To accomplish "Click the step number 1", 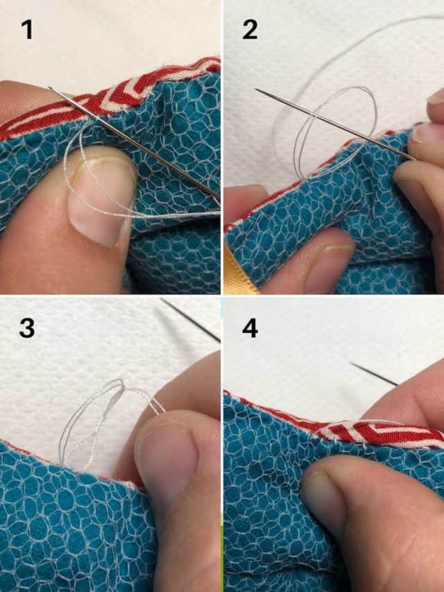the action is (x=27, y=29).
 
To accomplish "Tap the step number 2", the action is (x=250, y=29).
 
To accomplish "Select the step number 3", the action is (x=27, y=328).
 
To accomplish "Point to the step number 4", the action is (x=250, y=328).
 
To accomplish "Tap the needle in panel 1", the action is (x=134, y=144).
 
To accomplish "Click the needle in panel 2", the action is (x=335, y=124).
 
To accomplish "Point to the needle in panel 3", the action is (x=191, y=320).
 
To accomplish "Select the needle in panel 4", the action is (x=374, y=374).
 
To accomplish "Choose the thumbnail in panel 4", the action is (x=323, y=495).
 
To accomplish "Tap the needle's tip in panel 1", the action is (x=49, y=87).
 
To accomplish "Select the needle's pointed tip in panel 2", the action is (x=257, y=89).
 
